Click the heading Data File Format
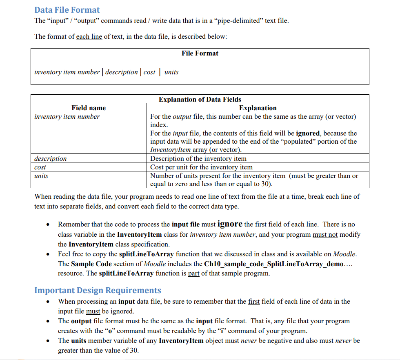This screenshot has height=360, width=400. (67, 10)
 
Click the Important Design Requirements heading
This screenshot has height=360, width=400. (98, 290)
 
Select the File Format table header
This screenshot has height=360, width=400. (200, 53)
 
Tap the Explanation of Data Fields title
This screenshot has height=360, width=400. (200, 99)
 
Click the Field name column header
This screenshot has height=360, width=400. (89, 108)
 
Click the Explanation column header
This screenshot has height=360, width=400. (258, 108)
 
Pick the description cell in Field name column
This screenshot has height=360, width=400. (51, 158)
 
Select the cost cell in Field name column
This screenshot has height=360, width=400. (40, 167)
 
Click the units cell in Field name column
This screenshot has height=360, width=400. (41, 176)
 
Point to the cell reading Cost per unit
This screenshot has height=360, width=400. (201, 167)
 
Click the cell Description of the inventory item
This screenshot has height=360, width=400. (198, 158)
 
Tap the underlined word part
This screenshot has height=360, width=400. (193, 273)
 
